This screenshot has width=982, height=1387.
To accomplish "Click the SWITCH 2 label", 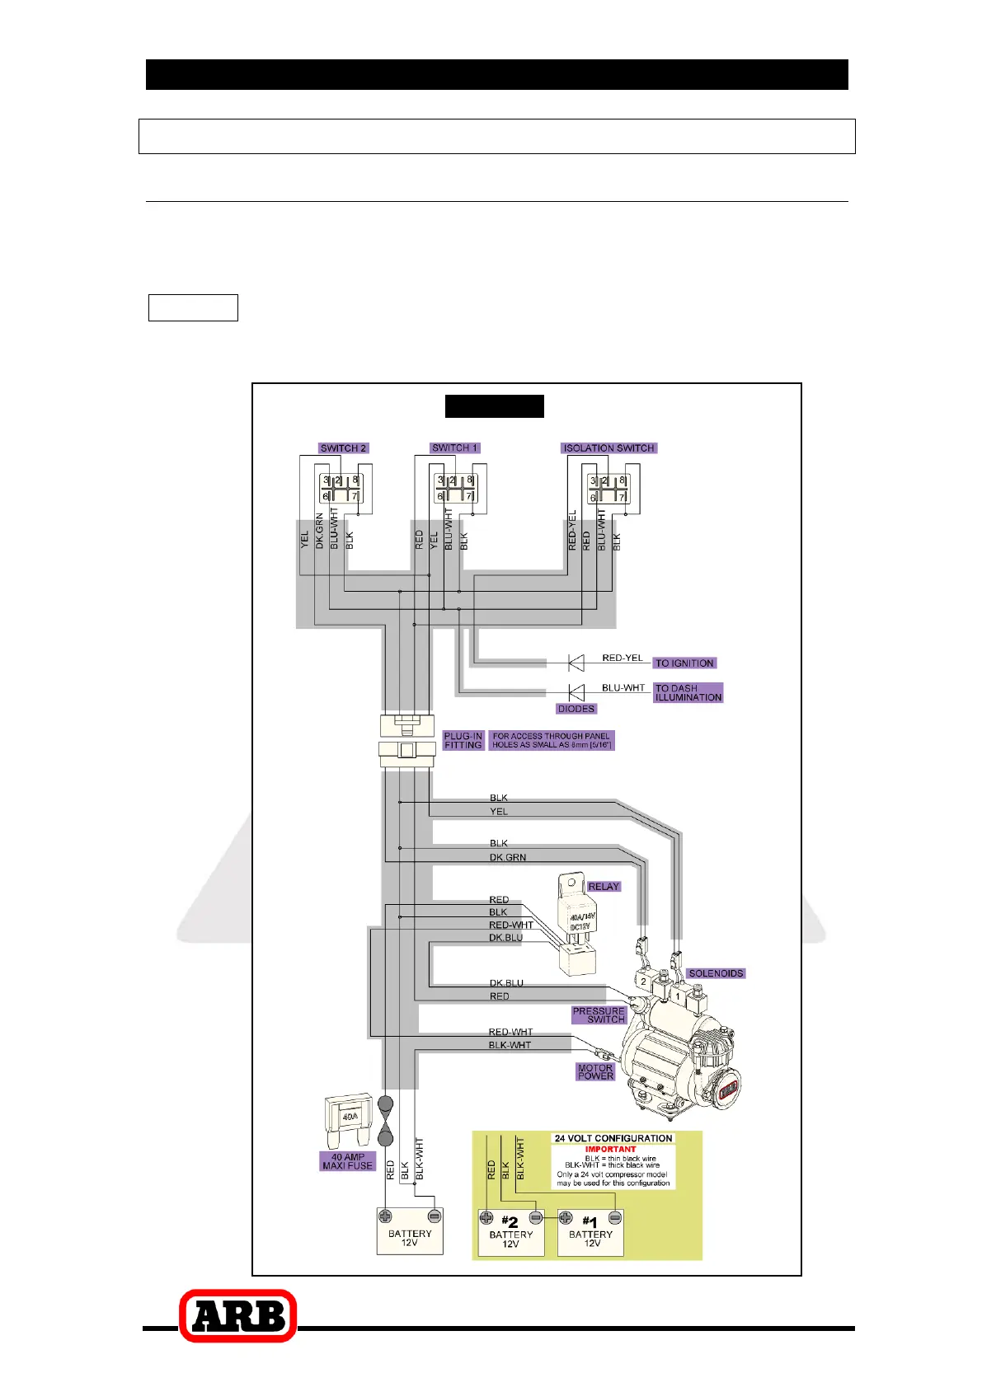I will click(343, 448).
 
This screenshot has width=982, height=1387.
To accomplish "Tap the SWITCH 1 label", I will click(455, 447).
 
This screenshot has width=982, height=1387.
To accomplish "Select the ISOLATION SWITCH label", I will click(608, 448).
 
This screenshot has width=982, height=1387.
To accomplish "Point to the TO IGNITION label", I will click(684, 663).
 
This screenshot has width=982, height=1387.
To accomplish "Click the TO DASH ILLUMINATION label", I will click(688, 692).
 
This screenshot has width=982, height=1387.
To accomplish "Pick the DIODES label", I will click(576, 709).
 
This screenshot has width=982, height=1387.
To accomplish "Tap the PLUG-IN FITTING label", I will click(463, 740).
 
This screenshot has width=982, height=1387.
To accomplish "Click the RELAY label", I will click(604, 887).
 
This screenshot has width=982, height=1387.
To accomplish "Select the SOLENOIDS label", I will click(716, 973).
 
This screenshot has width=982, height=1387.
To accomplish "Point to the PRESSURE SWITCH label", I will click(599, 1015).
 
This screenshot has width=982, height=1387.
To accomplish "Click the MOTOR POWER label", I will click(595, 1071).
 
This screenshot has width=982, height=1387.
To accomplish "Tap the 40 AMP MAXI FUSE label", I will click(348, 1161).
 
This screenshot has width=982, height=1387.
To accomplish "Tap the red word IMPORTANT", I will click(610, 1149).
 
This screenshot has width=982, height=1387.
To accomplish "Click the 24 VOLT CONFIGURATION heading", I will click(613, 1138).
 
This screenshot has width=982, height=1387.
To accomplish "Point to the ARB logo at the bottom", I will click(238, 1315).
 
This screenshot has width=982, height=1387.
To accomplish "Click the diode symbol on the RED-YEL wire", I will click(576, 662).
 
